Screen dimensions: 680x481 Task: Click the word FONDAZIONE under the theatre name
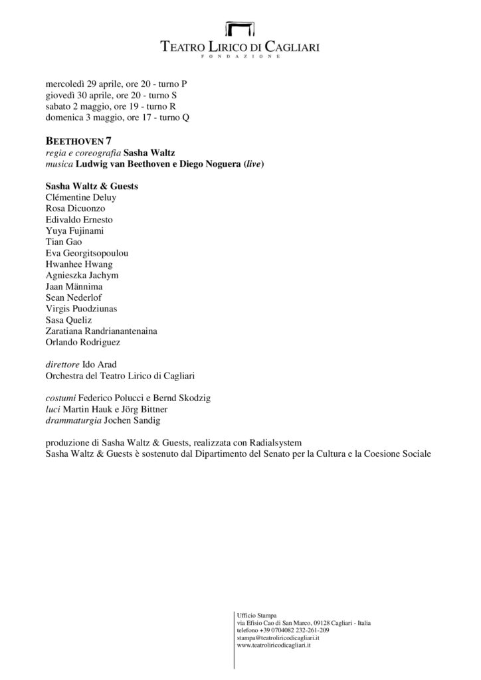(241, 57)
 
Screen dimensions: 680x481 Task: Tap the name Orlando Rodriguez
(82, 341)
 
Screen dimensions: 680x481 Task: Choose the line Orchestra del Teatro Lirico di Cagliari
(120, 377)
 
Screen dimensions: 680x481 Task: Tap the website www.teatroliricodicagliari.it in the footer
(274, 645)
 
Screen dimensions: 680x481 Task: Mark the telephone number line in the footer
(282, 630)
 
